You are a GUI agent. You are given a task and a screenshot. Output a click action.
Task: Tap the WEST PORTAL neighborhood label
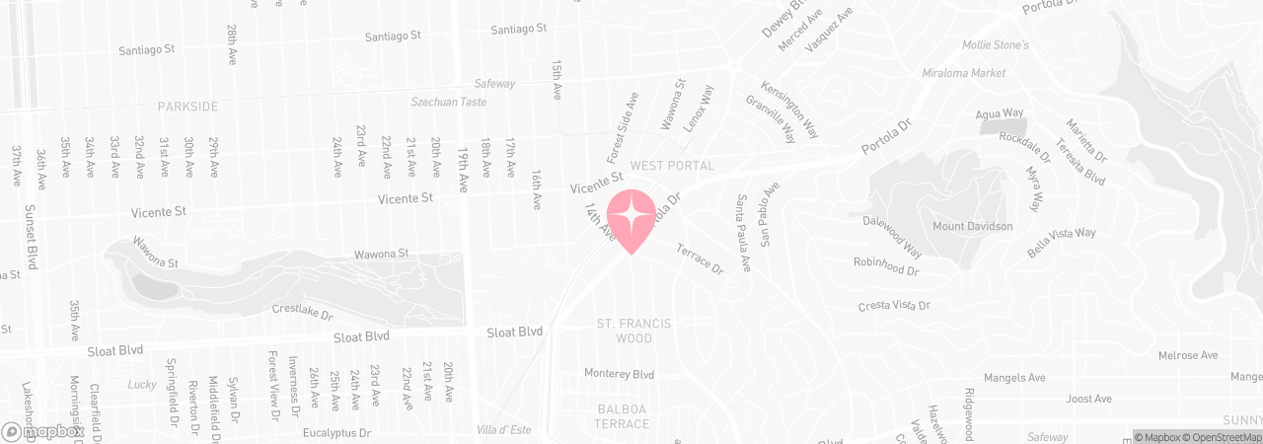(x=672, y=166)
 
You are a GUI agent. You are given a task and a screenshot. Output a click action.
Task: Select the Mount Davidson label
(x=973, y=227)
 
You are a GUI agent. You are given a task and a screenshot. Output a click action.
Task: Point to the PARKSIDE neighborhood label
(x=187, y=106)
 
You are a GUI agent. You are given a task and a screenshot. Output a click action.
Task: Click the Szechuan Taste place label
(x=449, y=102)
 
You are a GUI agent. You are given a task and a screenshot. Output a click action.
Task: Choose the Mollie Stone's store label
(x=996, y=45)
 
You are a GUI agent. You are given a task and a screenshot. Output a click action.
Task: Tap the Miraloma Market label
(x=964, y=73)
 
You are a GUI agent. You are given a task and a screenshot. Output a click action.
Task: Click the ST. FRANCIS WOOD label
(x=633, y=331)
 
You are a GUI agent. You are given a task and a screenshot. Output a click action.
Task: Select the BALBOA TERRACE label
(x=623, y=416)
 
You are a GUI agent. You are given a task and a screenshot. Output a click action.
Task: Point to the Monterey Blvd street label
(x=619, y=374)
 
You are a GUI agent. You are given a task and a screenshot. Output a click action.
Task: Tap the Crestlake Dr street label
(x=302, y=310)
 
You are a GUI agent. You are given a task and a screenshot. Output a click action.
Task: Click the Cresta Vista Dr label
(x=894, y=306)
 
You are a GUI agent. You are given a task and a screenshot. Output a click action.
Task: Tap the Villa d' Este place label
(x=503, y=430)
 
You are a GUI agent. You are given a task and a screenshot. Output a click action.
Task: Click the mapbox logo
(x=42, y=432)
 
